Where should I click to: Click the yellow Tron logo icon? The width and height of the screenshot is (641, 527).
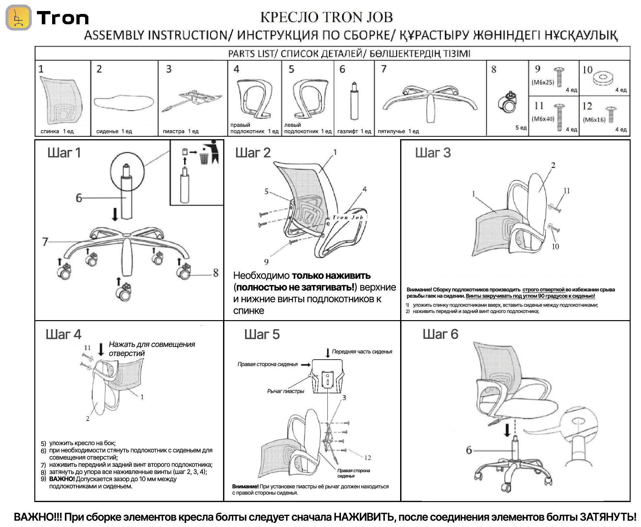[18, 18]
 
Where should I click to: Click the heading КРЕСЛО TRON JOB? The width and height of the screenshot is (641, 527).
[326, 17]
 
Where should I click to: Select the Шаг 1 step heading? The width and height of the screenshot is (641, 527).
[64, 153]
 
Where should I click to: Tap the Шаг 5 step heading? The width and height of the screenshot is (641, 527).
[262, 334]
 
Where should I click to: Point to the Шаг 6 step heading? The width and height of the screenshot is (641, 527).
[440, 334]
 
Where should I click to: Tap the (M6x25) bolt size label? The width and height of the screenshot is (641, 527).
[543, 82]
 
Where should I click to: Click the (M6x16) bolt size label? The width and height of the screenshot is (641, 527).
[594, 119]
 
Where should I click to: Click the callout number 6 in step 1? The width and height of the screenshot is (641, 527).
[79, 198]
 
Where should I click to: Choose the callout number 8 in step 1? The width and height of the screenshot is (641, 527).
[216, 273]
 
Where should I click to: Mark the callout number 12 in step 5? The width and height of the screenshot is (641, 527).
[367, 458]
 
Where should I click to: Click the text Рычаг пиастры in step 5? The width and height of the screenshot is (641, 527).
[286, 391]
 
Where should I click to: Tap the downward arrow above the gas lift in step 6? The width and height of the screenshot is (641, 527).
[507, 430]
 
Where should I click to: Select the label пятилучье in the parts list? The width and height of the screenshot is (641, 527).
[391, 131]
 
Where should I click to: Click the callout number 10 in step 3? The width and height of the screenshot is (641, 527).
[555, 246]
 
